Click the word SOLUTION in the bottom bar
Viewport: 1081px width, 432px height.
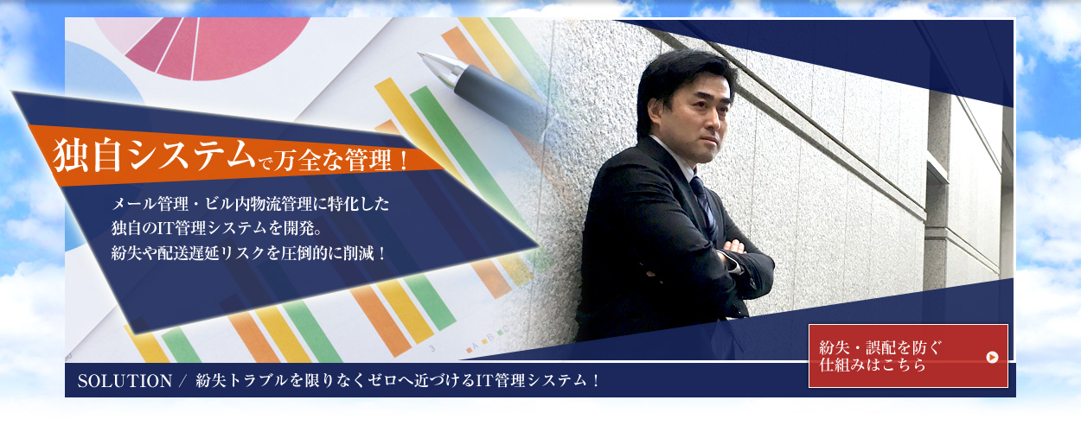coord(125,381)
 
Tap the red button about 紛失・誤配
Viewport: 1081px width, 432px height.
coord(908,356)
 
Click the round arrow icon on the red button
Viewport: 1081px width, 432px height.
coord(992,358)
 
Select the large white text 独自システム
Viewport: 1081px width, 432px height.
coord(153,156)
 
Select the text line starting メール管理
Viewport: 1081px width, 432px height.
coord(250,204)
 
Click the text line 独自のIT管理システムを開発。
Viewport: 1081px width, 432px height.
coord(217,228)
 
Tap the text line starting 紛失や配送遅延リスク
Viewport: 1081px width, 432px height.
coord(249,253)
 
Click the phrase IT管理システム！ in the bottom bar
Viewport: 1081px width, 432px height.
coord(538,381)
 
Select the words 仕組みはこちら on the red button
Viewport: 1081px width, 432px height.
coord(873,365)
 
